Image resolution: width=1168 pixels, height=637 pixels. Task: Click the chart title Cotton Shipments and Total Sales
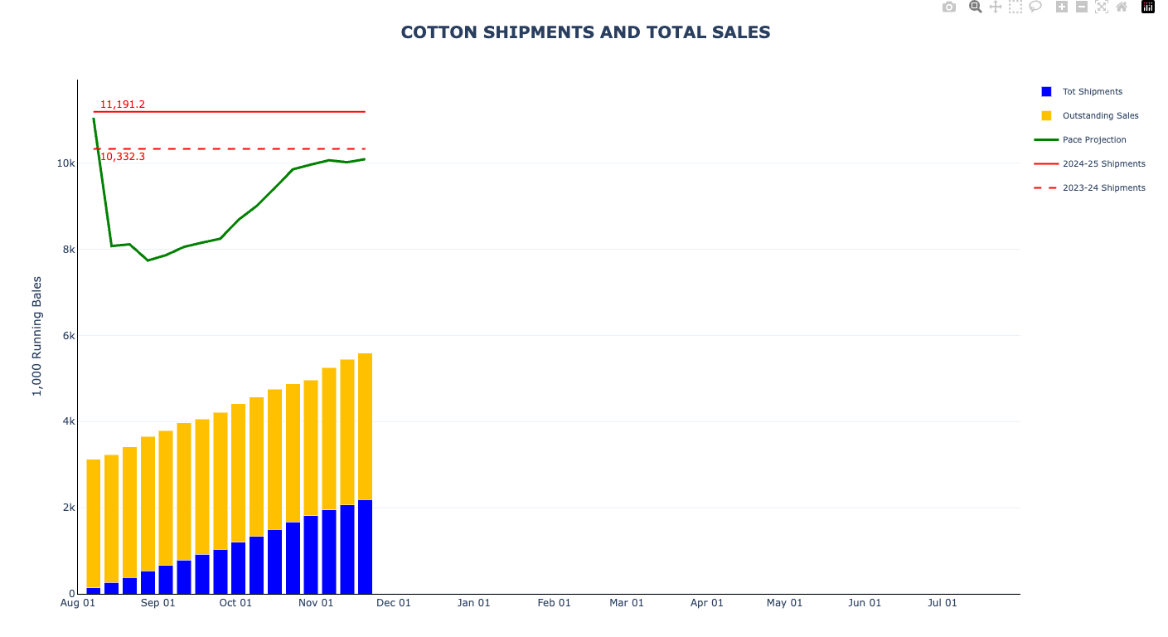[x=585, y=32]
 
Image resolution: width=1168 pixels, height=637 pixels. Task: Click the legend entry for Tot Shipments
[x=1092, y=92]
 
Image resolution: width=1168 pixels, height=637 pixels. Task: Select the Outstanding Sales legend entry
[x=1100, y=116]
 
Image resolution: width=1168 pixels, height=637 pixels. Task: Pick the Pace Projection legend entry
[x=1094, y=140]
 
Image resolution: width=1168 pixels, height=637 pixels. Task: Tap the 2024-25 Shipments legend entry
[x=1103, y=164]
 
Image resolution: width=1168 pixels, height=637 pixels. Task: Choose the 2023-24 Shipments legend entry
[x=1103, y=188]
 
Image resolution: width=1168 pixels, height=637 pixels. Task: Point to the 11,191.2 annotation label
[x=123, y=105]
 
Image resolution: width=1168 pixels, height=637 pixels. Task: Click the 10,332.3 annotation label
[x=123, y=157]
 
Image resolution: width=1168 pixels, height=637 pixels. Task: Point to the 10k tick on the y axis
[x=66, y=163]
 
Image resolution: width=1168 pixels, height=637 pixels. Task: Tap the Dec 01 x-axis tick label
[x=394, y=603]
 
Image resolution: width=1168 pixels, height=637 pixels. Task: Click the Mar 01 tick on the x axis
[x=626, y=603]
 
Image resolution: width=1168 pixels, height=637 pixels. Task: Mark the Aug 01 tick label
[x=78, y=603]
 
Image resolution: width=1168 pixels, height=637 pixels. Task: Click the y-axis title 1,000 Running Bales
[x=37, y=336]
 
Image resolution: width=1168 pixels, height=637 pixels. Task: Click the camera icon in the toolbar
[x=949, y=7]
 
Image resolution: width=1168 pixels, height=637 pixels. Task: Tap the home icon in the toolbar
[x=1122, y=7]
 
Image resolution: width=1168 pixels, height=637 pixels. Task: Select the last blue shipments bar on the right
[x=365, y=547]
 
